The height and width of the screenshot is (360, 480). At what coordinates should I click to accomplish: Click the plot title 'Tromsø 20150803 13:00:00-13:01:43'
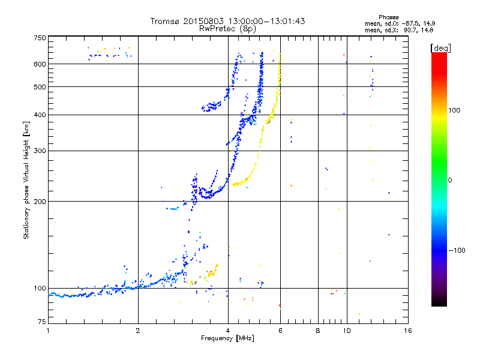pos(227,21)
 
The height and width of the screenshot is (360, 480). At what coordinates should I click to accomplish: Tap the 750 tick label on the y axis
pos(40,38)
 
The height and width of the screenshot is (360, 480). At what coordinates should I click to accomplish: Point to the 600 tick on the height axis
pos(40,64)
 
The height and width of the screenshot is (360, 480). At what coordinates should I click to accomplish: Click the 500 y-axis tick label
pos(40,87)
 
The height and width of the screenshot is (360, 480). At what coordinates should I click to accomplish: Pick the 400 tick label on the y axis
pos(40,115)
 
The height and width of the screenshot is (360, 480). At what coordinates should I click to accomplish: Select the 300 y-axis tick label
pos(40,151)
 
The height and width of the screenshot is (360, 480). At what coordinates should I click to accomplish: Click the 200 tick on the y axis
pos(40,201)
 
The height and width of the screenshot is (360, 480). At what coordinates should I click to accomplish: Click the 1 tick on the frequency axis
pos(48,331)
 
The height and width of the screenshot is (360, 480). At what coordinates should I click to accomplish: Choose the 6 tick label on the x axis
pos(280,331)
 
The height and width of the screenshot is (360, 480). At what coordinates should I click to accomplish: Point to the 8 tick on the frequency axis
pos(318,331)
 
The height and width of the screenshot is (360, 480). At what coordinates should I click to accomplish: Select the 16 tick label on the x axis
pos(407,331)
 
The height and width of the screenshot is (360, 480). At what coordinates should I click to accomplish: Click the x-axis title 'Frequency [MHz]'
pos(227,339)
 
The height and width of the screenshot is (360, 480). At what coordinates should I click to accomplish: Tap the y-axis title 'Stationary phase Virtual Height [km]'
pos(26,180)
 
